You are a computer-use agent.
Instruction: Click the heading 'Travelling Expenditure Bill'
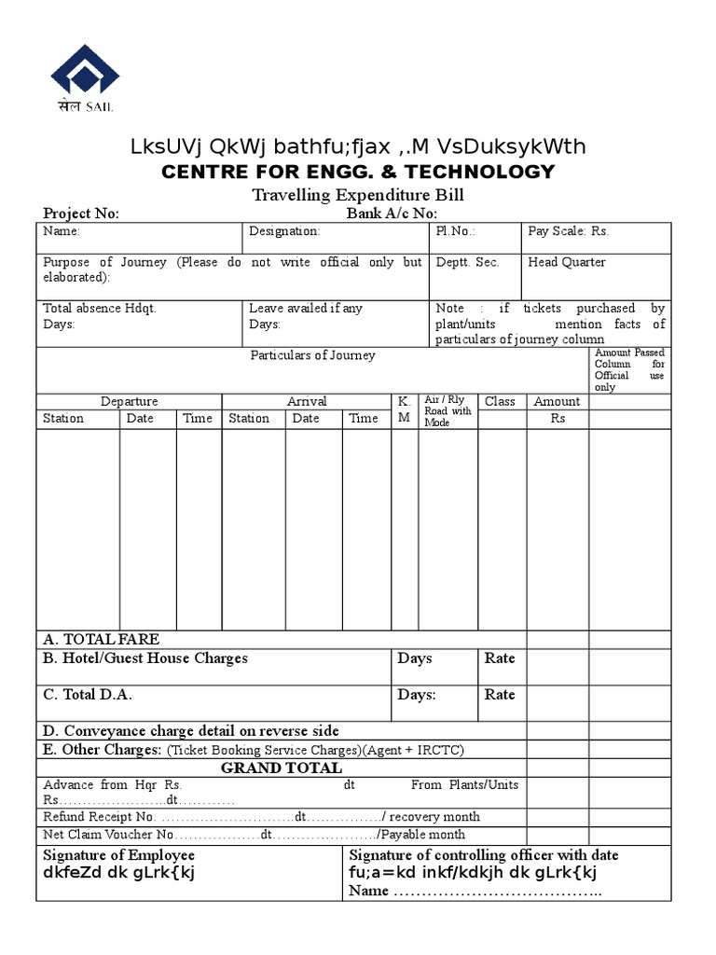point(358,195)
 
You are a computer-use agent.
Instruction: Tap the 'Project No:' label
point(81,214)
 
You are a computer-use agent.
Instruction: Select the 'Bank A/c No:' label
point(391,214)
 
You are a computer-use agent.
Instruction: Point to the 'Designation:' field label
point(284,231)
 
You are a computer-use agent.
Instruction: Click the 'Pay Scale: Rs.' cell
point(568,231)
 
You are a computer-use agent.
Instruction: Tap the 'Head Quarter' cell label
point(567,262)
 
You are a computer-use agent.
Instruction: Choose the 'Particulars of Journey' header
point(312,355)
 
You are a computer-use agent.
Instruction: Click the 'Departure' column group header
point(129,401)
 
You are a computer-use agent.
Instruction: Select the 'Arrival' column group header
point(307,401)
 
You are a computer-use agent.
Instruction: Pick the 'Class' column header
point(500,401)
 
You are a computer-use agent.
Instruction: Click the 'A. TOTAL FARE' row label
point(102,639)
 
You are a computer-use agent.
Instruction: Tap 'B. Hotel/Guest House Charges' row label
point(145,658)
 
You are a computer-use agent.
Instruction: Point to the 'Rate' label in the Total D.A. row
point(500,695)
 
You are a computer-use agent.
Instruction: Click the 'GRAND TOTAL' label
point(281,768)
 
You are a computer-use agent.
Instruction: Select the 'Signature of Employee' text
point(119,855)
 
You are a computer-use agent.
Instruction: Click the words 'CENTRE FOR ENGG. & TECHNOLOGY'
point(358,172)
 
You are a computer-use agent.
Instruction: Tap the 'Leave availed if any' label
point(306,308)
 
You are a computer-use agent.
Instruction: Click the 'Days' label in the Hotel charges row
point(415,658)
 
